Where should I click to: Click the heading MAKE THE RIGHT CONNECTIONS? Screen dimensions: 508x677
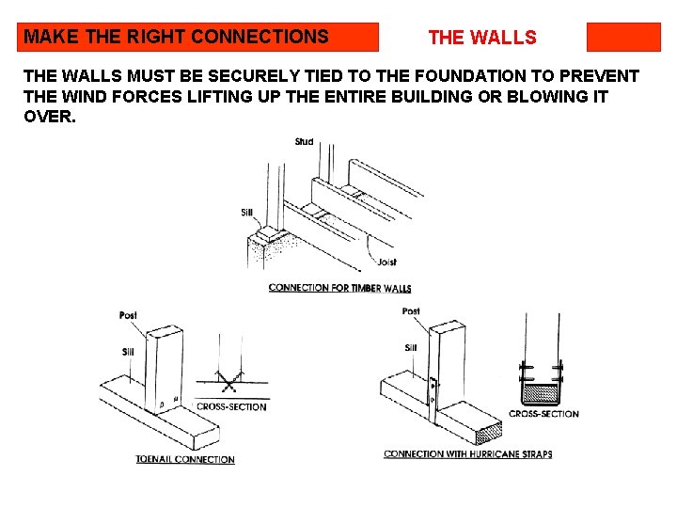tap(177, 38)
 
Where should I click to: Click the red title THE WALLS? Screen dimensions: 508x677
tap(481, 38)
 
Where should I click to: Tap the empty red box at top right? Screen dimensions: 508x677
tap(623, 37)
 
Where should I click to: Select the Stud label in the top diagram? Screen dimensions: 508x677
tap(304, 142)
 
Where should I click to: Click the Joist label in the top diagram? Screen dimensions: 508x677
tap(386, 262)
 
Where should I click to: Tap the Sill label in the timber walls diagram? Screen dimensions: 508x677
tap(246, 213)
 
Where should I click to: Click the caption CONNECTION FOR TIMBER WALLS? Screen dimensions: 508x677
tap(339, 288)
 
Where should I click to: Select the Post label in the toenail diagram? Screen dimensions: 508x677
tap(129, 315)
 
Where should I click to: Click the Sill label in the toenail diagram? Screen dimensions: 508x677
tap(129, 353)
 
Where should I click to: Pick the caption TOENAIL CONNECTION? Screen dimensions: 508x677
tap(185, 460)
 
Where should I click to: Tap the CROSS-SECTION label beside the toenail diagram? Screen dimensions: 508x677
tap(231, 407)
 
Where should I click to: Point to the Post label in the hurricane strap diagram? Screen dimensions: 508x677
tap(411, 311)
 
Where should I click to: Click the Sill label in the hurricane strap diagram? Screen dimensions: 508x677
tap(411, 348)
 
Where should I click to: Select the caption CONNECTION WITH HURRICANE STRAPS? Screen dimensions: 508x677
tap(467, 454)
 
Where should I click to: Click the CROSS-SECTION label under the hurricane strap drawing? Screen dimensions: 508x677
tap(543, 414)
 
